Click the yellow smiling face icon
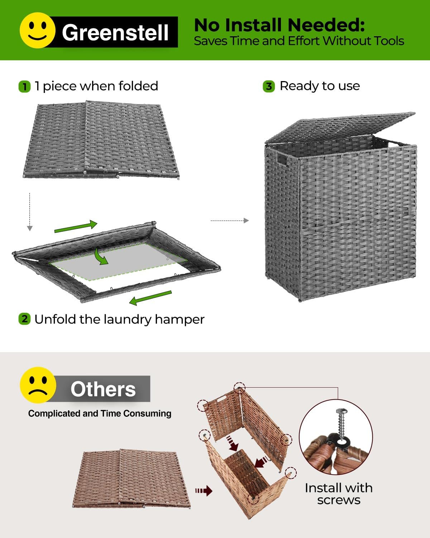[x=37, y=30]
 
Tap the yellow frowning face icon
[x=38, y=385]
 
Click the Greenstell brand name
[x=115, y=32]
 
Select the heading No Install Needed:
[x=279, y=25]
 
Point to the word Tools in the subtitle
[x=388, y=41]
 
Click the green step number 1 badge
[x=24, y=86]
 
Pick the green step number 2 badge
[x=24, y=319]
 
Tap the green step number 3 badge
[x=269, y=86]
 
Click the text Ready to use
[x=320, y=86]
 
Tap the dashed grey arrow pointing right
[x=229, y=221]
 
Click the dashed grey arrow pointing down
[x=30, y=212]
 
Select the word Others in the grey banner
[x=103, y=389]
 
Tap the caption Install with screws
[x=339, y=494]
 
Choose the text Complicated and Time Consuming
[x=100, y=414]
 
